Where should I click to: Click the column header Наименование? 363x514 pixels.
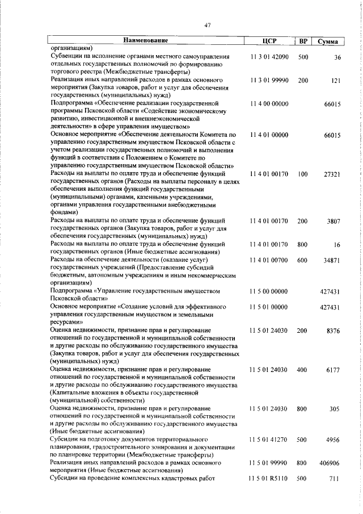[x=146, y=41]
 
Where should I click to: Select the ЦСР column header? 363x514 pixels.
[x=269, y=41]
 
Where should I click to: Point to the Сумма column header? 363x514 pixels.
[x=328, y=41]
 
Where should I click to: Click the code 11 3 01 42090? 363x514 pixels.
[x=269, y=57]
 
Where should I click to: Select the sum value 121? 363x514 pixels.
[x=335, y=81]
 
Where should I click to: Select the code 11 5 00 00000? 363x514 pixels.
[x=269, y=291]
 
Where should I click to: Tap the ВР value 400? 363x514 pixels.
[x=303, y=369]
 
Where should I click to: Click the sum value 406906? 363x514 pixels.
[x=330, y=463]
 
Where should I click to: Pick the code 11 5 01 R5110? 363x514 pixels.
[x=269, y=479]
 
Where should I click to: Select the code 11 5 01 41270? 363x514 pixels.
[x=269, y=440]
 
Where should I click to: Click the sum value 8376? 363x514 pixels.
[x=333, y=330]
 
